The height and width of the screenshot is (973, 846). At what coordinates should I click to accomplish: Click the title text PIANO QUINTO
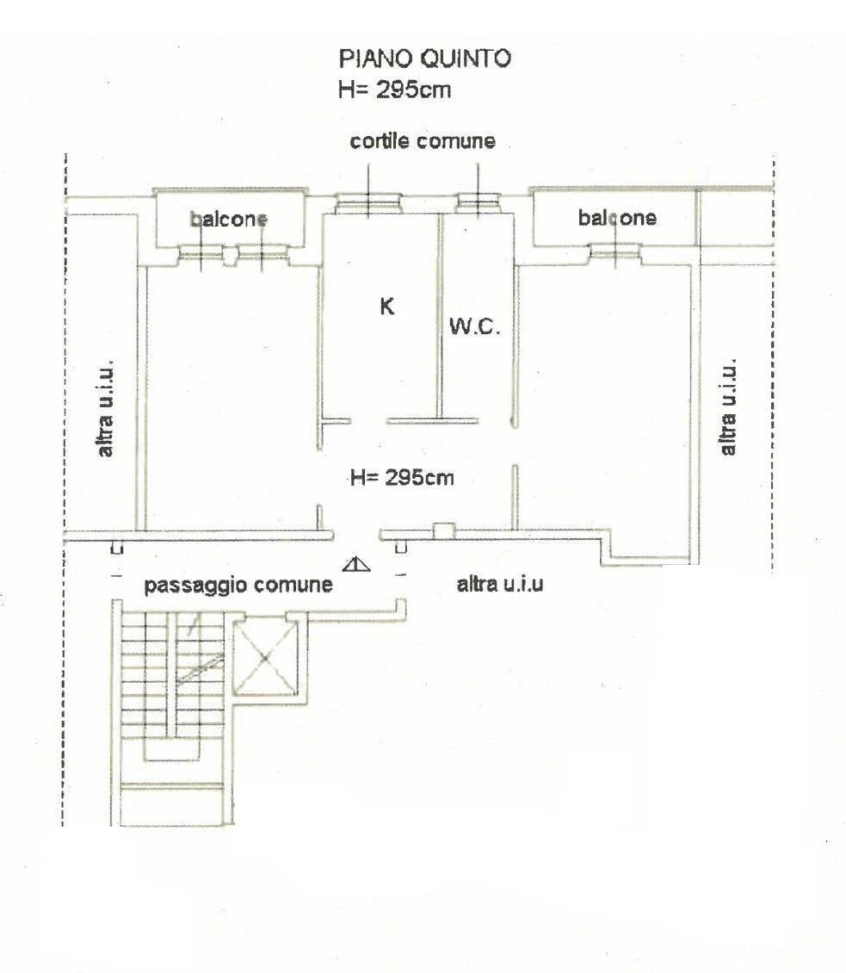point(425,59)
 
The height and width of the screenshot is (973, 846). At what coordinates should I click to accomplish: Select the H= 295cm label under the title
point(395,89)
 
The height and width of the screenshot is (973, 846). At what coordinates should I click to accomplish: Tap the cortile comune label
point(423,141)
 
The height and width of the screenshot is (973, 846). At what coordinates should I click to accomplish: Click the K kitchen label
point(387,306)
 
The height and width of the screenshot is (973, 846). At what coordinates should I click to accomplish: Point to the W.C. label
point(473,326)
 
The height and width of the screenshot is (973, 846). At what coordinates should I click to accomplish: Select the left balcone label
point(229,220)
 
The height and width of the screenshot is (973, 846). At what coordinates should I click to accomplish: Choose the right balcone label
point(617,218)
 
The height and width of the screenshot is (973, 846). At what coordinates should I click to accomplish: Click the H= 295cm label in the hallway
point(402,477)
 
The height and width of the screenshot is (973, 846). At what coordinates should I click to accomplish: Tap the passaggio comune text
point(238,586)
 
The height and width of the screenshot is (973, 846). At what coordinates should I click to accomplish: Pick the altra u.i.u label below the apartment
point(499,585)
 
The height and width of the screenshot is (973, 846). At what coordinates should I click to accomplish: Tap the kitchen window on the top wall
point(367,204)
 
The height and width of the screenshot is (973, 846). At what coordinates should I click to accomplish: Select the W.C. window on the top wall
point(479,204)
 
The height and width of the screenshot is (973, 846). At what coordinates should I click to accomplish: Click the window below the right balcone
point(615,251)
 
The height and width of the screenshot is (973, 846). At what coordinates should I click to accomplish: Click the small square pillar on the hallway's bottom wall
point(443,530)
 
